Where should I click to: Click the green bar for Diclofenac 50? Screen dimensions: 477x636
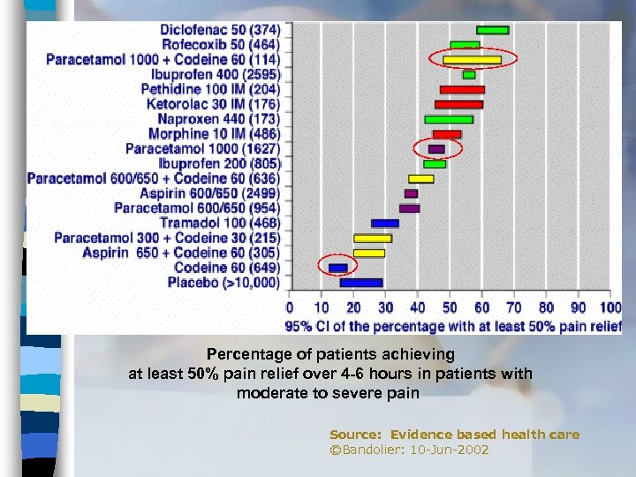492,30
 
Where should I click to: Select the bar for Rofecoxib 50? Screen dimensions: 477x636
465,45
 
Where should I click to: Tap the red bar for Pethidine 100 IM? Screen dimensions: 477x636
462,89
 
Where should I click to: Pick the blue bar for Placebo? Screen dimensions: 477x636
361,283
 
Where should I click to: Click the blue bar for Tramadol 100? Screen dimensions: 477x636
385,223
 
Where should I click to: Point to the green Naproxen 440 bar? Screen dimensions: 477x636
449,119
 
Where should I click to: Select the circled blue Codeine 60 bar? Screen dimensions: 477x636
338,268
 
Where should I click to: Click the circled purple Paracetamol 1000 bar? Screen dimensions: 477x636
436,149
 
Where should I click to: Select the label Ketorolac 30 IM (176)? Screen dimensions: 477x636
213,104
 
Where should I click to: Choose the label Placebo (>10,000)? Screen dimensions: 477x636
223,283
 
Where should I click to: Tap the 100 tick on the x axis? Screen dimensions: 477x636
610,308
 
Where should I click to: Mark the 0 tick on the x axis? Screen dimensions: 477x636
290,308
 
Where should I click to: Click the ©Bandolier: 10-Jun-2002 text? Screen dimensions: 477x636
409,450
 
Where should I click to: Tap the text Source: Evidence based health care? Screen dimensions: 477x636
454,435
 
